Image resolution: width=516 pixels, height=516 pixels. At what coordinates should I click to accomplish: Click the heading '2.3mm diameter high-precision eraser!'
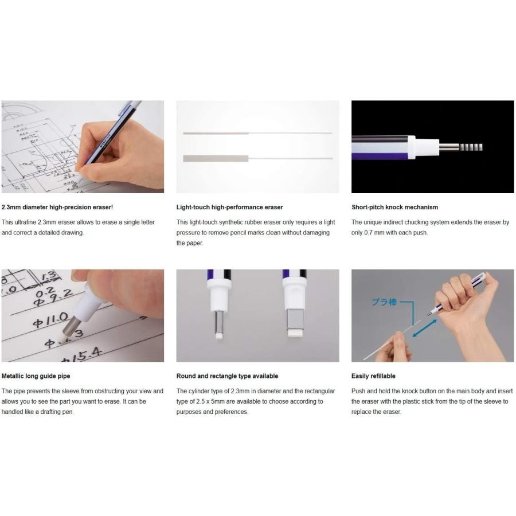(57, 207)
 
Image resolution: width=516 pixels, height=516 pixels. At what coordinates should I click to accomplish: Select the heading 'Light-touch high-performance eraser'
(229, 207)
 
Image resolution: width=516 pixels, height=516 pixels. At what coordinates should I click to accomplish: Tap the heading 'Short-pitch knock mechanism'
(394, 207)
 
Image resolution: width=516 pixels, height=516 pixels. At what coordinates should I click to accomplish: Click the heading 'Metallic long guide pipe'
(36, 376)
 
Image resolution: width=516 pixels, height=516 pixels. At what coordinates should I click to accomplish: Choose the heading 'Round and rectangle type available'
(227, 376)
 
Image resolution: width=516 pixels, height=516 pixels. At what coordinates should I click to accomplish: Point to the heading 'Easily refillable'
(373, 376)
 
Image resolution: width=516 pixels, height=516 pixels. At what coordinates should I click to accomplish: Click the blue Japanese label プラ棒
(384, 302)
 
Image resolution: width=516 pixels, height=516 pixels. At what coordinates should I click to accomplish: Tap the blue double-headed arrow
(424, 328)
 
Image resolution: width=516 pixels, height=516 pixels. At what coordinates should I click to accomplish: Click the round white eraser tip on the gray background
(219, 335)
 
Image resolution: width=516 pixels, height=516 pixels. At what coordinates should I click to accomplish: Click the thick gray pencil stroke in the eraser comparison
(216, 158)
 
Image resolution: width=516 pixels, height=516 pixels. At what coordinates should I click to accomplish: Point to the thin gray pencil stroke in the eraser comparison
(216, 133)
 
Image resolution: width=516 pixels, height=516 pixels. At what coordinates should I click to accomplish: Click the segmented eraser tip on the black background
(471, 147)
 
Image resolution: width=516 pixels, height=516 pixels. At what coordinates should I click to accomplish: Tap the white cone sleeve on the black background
(424, 147)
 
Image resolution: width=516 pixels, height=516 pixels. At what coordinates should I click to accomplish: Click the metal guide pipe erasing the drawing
(70, 326)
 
